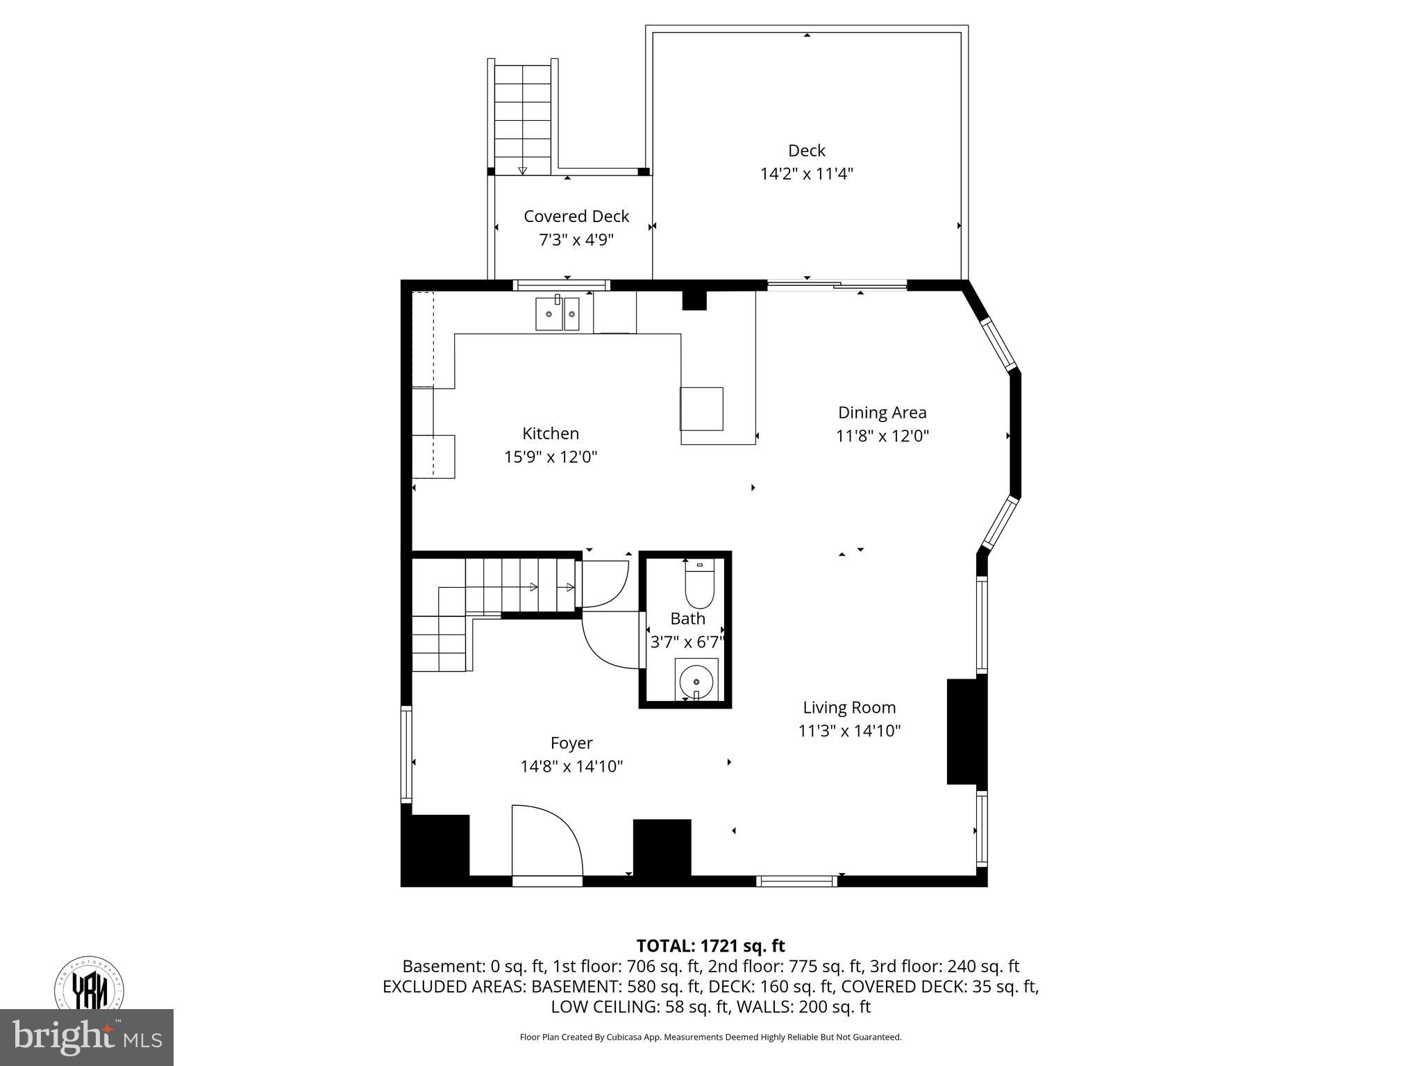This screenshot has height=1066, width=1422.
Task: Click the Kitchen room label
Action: [550, 434]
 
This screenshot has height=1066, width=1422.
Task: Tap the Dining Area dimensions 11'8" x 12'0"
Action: [882, 436]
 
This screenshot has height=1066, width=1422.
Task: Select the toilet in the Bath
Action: [699, 587]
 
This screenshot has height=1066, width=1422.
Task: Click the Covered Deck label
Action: [576, 217]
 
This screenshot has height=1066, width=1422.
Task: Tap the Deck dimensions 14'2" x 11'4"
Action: [806, 174]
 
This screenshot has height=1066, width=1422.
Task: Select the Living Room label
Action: [849, 707]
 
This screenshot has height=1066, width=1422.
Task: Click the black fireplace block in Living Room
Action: [967, 731]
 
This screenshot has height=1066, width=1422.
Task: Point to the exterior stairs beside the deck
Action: [522, 118]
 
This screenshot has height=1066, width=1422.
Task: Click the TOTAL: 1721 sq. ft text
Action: [710, 945]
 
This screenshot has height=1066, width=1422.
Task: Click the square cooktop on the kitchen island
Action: [701, 409]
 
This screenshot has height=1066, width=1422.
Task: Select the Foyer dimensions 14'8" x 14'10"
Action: [571, 766]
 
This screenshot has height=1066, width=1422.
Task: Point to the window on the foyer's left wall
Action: [407, 754]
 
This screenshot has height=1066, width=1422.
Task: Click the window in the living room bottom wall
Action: [796, 881]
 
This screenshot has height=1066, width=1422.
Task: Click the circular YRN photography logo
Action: [90, 986]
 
